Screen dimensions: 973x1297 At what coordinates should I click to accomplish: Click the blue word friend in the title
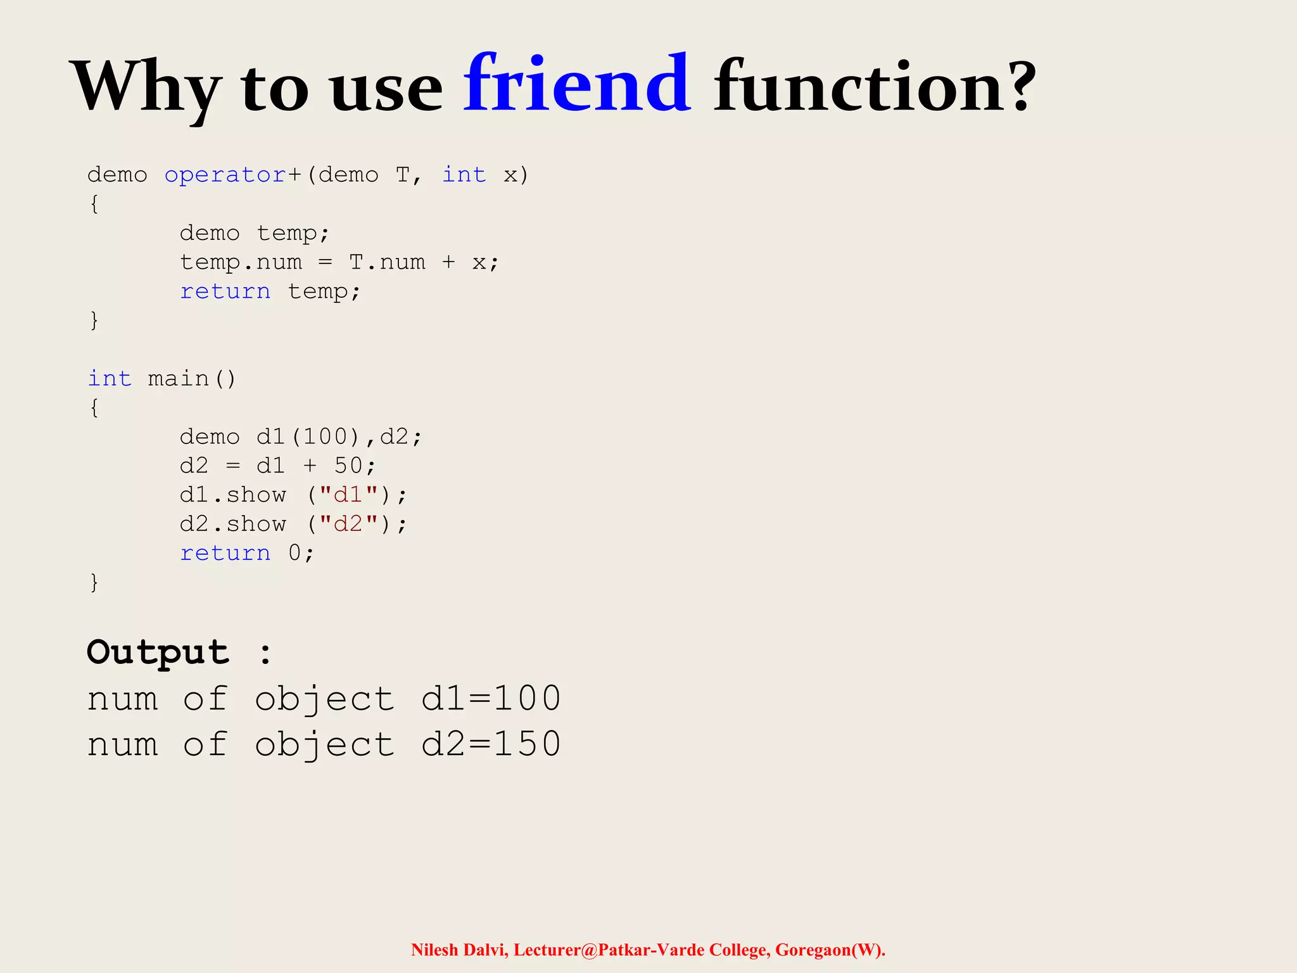point(577,85)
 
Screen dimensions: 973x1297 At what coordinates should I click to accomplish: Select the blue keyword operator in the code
point(225,175)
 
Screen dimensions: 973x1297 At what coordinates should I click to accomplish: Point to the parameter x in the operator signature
point(510,175)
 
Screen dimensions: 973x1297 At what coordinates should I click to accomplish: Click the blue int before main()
point(110,379)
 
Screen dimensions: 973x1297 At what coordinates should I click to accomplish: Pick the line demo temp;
point(255,233)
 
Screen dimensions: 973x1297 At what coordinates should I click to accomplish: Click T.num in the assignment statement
point(387,262)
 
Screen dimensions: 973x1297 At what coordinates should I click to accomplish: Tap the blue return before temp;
point(225,291)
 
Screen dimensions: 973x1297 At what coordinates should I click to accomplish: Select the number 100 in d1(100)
point(326,437)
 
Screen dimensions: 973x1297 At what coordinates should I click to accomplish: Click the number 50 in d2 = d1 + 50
point(348,466)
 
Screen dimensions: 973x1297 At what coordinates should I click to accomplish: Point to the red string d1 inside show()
point(348,495)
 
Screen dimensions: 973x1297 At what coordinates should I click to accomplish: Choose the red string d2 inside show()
point(348,524)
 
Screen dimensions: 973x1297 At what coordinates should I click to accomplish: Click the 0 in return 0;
point(294,553)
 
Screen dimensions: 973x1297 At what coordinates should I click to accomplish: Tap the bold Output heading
point(158,652)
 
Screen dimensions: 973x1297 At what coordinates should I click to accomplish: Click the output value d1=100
point(491,699)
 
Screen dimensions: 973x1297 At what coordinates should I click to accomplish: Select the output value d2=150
point(491,744)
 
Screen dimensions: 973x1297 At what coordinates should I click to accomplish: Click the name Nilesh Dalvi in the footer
point(459,950)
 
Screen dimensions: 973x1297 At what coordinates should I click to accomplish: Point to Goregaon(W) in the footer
point(830,950)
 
